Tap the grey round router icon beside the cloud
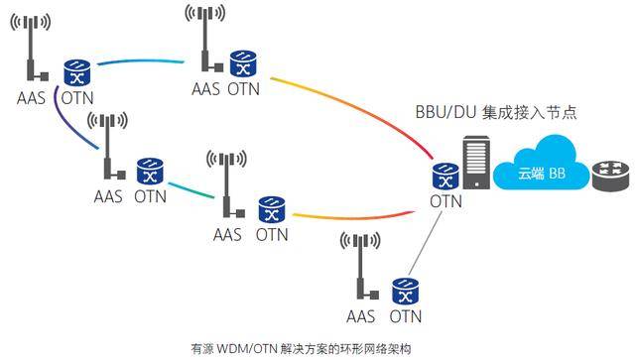[610, 176]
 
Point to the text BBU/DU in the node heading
[445, 113]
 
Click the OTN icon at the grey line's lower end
[404, 289]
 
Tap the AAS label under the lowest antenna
[360, 316]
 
